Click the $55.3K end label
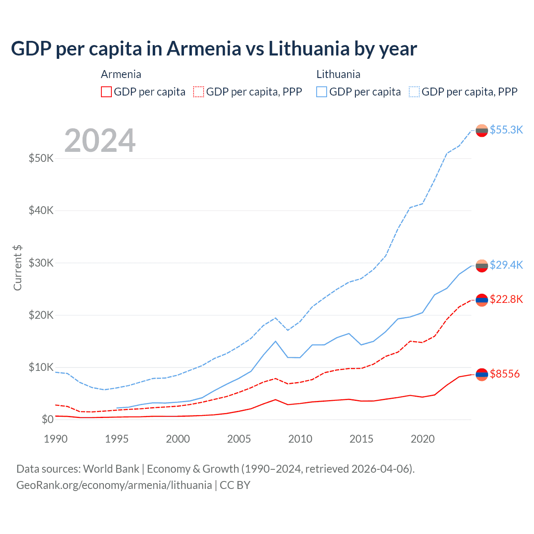[506, 130]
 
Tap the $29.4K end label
[506, 265]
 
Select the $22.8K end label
[506, 299]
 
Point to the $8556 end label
[504, 374]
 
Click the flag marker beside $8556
[482, 375]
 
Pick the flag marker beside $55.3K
[482, 131]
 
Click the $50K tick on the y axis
[41, 158]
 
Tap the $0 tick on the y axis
[48, 419]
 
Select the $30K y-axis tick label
[41, 263]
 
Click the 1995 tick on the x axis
[117, 439]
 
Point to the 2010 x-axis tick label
[300, 439]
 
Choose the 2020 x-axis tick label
[423, 439]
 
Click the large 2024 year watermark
[100, 141]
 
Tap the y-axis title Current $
[18, 268]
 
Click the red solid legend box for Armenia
[106, 92]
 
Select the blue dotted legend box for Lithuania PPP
[414, 92]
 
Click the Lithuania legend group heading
[338, 74]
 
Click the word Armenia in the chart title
[204, 49]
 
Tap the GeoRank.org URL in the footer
[114, 485]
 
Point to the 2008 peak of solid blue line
[275, 341]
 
